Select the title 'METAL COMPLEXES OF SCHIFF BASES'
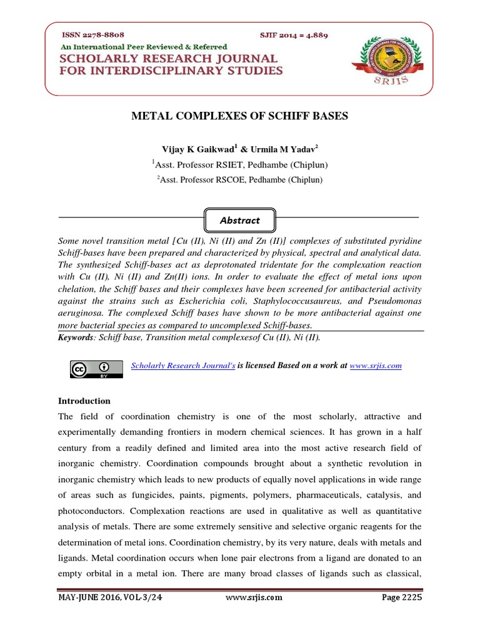(x=240, y=116)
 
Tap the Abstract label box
(x=239, y=220)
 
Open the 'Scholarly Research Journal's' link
(x=182, y=366)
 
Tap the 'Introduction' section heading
(x=84, y=401)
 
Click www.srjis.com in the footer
(x=253, y=597)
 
